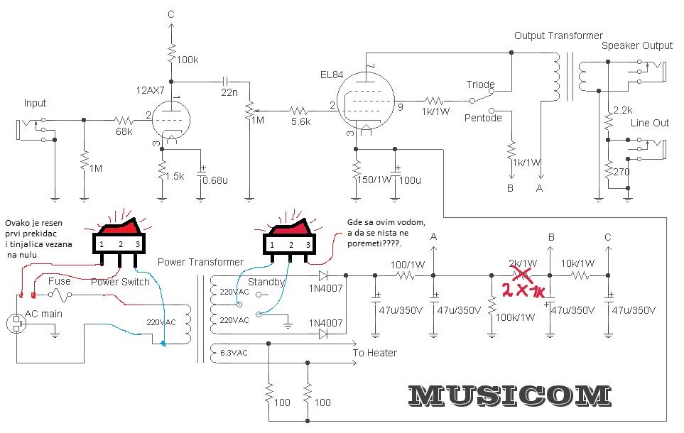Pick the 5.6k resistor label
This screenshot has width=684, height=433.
tap(300, 122)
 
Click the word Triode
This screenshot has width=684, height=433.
tap(480, 84)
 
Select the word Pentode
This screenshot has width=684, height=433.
tap(483, 117)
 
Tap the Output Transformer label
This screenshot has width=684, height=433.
tap(558, 35)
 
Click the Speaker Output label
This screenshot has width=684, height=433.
tap(636, 46)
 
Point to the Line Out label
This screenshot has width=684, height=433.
tap(650, 123)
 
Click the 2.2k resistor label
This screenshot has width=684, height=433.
tap(623, 111)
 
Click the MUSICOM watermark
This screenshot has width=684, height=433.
tap(509, 396)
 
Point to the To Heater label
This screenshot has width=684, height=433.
tap(374, 353)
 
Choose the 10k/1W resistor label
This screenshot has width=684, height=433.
tap(576, 263)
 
